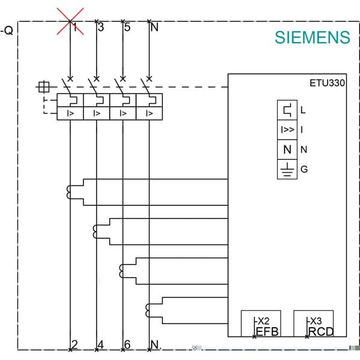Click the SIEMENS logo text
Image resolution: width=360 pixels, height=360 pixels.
[x=312, y=37]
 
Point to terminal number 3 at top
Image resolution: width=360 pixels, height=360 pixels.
[x=100, y=27]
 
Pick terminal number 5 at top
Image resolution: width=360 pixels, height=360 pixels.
[x=127, y=27]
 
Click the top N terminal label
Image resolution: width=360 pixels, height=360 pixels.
[x=154, y=27]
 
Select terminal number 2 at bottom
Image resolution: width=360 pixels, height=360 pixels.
[x=74, y=345]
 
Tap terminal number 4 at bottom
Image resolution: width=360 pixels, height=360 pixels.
[x=100, y=345]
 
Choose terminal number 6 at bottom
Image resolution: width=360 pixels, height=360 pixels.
[x=127, y=345]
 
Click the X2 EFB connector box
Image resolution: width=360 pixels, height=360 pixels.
[x=260, y=324]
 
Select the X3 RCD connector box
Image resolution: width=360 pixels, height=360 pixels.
[x=313, y=324]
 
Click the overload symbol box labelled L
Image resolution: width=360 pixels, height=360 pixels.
[x=287, y=110]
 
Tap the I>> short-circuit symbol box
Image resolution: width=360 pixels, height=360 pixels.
[x=287, y=130]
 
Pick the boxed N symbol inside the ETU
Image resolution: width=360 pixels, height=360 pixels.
[x=287, y=149]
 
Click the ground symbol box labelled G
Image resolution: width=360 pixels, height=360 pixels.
[x=287, y=169]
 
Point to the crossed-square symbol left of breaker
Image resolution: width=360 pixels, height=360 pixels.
[x=43, y=88]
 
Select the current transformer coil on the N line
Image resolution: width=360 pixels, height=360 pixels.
[x=149, y=310]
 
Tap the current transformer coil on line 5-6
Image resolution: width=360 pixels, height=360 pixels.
[x=123, y=271]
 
